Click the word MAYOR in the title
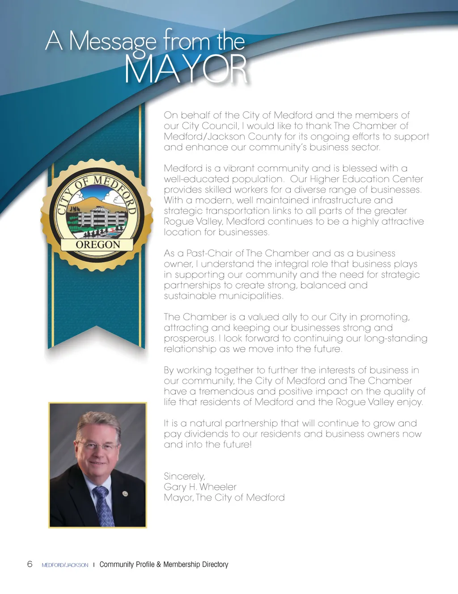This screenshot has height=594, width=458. [x=186, y=69]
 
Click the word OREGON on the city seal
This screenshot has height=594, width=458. [x=98, y=245]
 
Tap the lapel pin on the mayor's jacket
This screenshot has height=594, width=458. [x=125, y=494]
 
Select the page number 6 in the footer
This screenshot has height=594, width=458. [x=30, y=564]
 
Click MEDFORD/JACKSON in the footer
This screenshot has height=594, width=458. [x=65, y=565]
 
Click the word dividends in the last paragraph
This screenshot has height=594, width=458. [x=206, y=434]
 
